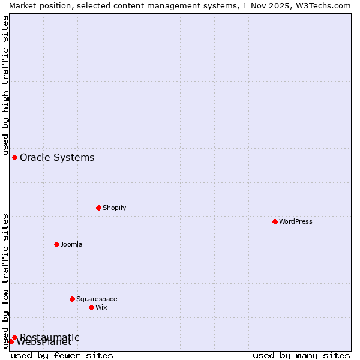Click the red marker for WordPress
[x=275, y=221]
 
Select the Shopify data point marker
[x=98, y=208]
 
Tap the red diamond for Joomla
[x=56, y=244]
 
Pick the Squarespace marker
[x=72, y=299]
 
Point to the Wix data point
[x=91, y=307]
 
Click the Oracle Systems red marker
[x=14, y=157]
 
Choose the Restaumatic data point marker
[x=14, y=337]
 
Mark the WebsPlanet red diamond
[x=11, y=341]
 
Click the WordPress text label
[x=296, y=221]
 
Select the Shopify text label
[x=114, y=208]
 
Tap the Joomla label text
[x=71, y=244]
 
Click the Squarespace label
[x=97, y=299]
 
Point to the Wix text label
[x=101, y=307]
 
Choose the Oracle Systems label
[x=57, y=157]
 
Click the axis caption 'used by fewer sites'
[x=62, y=355]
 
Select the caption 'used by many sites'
[x=301, y=355]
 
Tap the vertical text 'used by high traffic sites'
[x=5, y=84]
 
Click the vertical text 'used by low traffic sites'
[x=5, y=281]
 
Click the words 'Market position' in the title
[x=36, y=5]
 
